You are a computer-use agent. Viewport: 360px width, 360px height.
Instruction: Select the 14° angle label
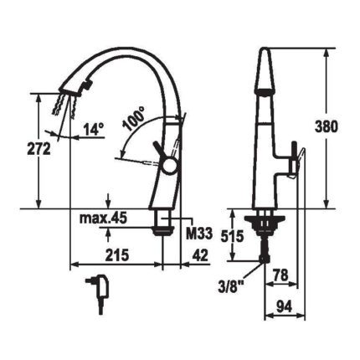coord(94,130)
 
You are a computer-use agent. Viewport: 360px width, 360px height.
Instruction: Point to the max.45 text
coord(103,218)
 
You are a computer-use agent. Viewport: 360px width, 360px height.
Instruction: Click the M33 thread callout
coord(199,233)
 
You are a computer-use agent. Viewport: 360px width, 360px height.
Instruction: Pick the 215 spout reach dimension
coord(117,255)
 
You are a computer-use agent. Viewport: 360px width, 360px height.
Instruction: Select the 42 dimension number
coord(200,255)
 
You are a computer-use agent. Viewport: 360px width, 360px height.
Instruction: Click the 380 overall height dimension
coord(327,127)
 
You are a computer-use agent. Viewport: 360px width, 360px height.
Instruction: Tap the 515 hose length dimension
coord(232,236)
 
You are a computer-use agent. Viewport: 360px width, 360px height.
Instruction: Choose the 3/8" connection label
coord(231,286)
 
